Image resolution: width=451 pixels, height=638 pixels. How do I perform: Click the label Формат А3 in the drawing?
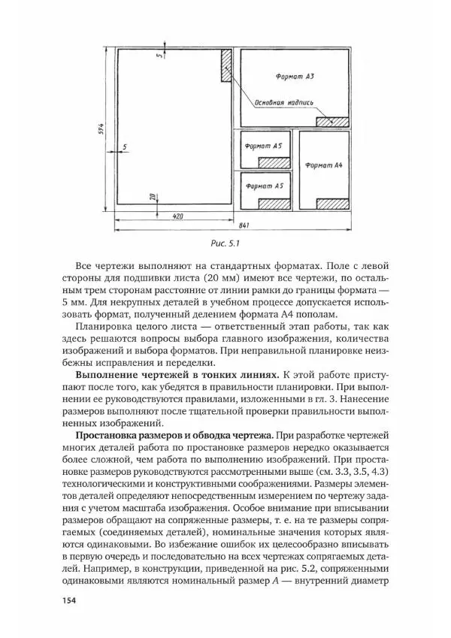295,77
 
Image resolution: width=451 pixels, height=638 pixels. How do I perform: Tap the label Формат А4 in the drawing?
323,164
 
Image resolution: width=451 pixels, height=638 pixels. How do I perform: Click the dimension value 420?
177,216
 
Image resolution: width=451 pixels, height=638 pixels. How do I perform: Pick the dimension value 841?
244,225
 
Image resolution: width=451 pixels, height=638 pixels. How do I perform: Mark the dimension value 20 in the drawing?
153,197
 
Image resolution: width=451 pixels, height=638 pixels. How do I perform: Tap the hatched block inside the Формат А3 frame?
332,120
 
